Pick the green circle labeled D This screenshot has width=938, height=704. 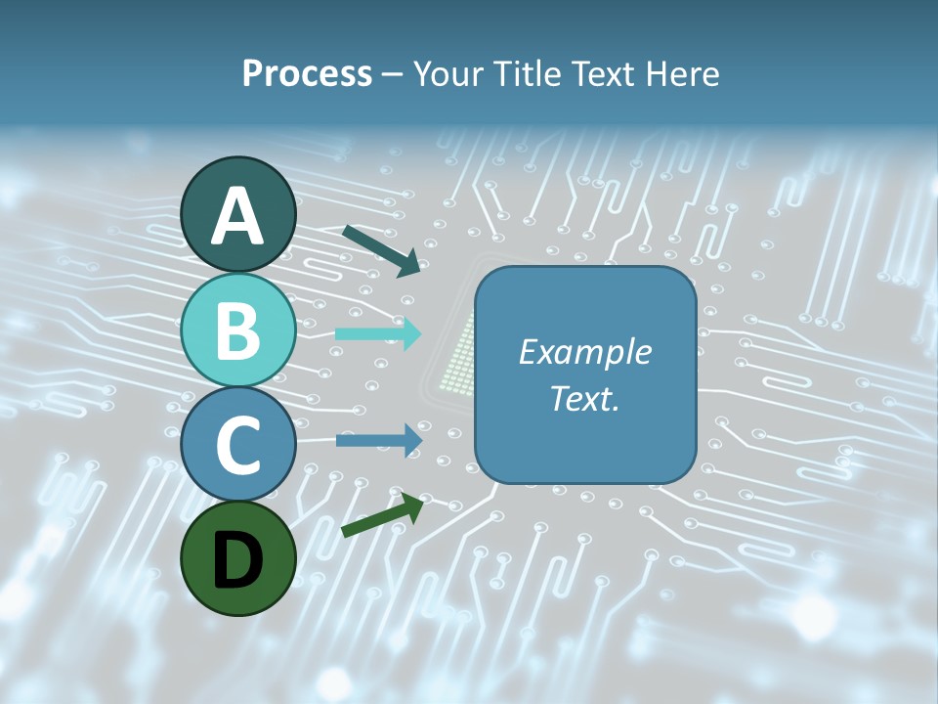[237, 559]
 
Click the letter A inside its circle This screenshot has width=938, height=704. [238, 216]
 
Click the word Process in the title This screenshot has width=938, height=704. [307, 73]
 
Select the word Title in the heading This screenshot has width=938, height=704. [527, 73]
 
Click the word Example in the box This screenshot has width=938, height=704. [584, 352]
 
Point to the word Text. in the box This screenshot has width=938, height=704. [584, 398]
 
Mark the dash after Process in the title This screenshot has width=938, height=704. [393, 75]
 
